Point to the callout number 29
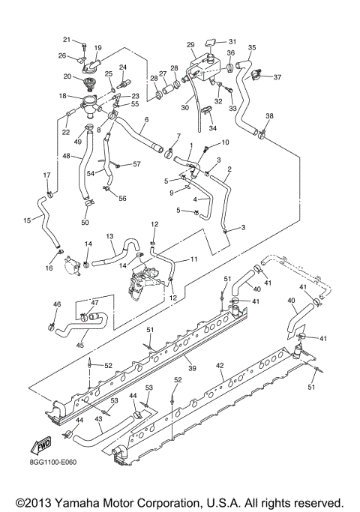[x=190, y=44]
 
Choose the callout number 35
[x=251, y=47]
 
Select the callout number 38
[x=269, y=115]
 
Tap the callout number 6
[x=146, y=120]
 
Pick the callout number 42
[x=220, y=367]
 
